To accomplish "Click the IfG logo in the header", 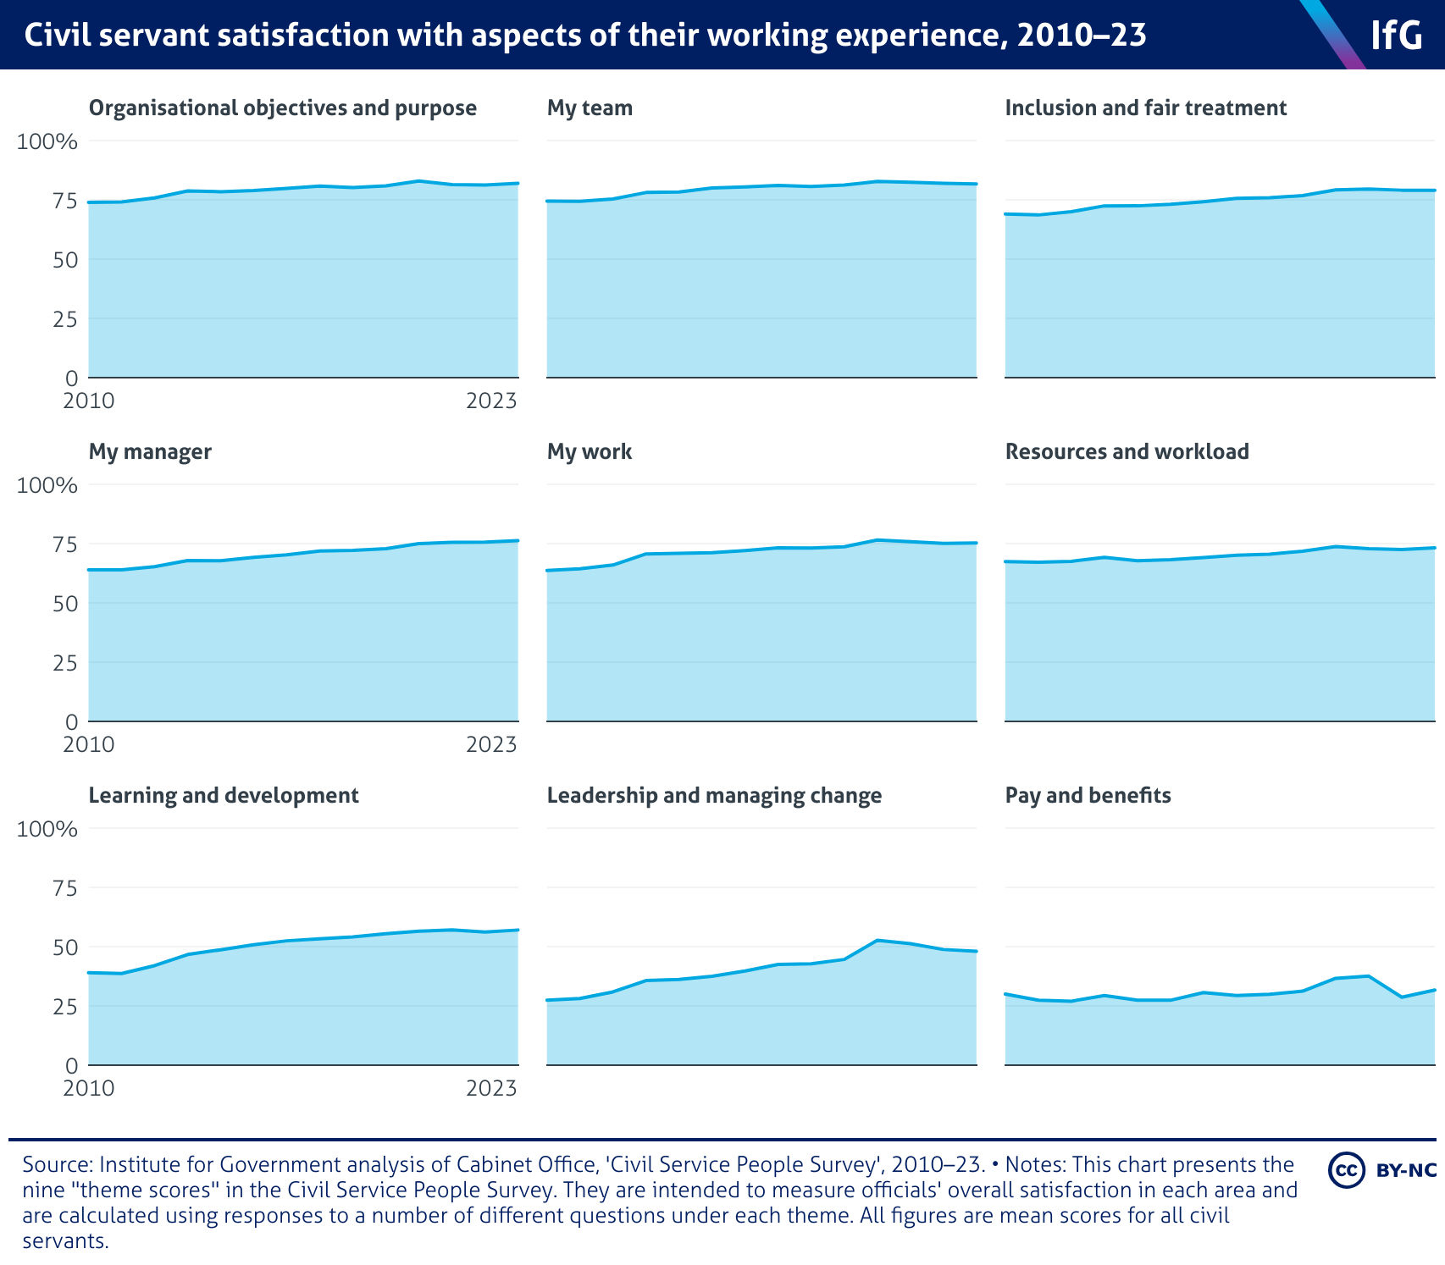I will [x=1397, y=36].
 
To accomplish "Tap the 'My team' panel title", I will [x=590, y=108].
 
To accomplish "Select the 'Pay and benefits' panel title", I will [x=1088, y=796].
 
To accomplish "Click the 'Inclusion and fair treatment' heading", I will [x=1145, y=108].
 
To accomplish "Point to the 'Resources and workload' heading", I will [x=1127, y=452].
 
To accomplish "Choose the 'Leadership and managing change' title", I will [x=714, y=796].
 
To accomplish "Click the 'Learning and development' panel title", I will [x=224, y=796].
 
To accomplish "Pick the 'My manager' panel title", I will [x=150, y=452].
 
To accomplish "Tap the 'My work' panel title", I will [x=590, y=452].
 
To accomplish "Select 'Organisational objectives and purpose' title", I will [x=282, y=108].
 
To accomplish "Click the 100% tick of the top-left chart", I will [x=47, y=141].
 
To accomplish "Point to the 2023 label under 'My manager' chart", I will [x=491, y=744].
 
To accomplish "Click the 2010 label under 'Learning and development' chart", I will [x=89, y=1088].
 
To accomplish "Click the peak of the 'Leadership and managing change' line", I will [x=878, y=940].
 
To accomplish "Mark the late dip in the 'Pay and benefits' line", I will [x=1401, y=997].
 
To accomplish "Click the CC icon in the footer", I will [x=1346, y=1170].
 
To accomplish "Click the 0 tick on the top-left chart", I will [x=72, y=378].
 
